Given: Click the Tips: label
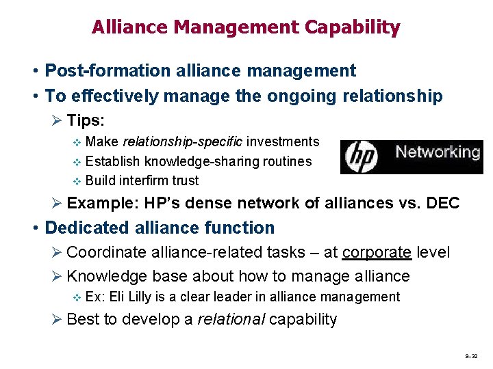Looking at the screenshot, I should [x=86, y=120].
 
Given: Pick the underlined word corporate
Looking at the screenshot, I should [x=377, y=252].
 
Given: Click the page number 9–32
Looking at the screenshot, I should [x=470, y=357].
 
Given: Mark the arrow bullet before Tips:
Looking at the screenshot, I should [x=57, y=121].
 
